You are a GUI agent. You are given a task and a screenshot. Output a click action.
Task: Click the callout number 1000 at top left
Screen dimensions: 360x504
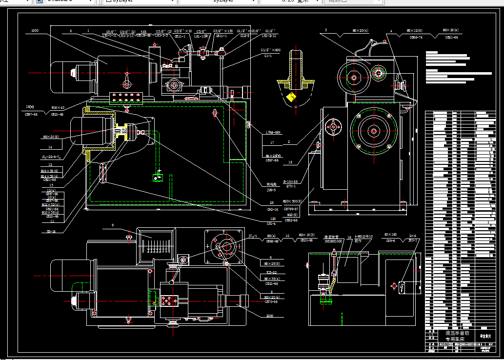tap(34, 31)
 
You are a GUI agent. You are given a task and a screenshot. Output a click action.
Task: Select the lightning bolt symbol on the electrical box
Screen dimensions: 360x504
tap(401, 286)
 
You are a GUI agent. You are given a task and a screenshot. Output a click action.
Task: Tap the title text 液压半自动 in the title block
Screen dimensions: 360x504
tap(457, 333)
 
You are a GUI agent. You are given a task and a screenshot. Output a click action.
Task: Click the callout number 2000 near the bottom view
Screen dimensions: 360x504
tap(270, 316)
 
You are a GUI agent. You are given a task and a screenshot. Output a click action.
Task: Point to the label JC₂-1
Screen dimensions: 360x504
tap(253, 237)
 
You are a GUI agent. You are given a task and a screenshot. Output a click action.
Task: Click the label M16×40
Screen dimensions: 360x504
tap(58, 107)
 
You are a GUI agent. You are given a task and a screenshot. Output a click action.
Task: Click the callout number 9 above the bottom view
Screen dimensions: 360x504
tap(112, 225)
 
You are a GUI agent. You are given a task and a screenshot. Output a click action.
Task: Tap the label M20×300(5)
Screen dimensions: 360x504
tap(293, 201)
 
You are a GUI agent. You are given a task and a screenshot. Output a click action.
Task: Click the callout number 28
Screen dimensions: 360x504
tap(271, 202)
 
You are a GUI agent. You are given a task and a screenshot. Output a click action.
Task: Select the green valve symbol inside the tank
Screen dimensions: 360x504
tap(157, 178)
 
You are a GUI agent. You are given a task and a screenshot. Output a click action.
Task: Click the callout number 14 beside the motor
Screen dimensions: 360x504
tap(50, 147)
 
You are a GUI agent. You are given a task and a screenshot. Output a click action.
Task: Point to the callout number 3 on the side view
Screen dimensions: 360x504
tap(326, 30)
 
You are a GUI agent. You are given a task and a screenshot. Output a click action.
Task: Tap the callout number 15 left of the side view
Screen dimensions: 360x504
tap(290, 163)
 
